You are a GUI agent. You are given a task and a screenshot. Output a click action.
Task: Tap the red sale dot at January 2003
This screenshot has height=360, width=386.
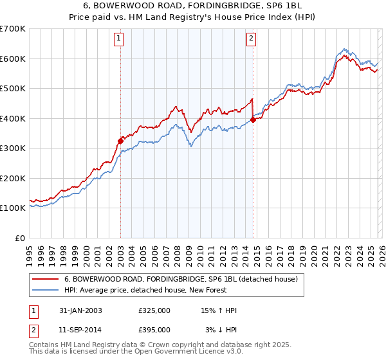tap(120, 141)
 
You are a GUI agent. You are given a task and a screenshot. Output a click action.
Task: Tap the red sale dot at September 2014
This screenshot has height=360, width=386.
tap(253, 120)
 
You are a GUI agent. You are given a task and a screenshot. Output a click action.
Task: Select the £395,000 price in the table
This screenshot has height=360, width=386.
tap(154, 329)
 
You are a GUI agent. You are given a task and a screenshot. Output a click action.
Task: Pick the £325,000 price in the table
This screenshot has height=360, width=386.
tap(154, 310)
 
